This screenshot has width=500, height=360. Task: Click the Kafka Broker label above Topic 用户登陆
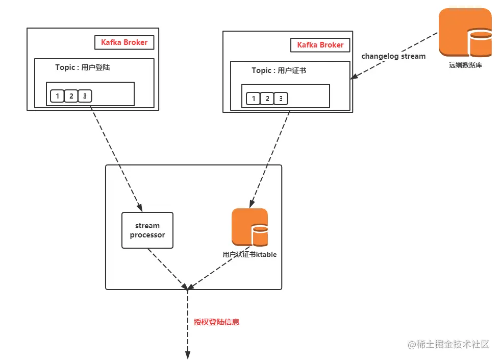[x=124, y=42]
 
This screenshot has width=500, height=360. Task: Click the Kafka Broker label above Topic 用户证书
[x=320, y=45]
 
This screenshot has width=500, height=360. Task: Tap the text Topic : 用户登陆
[x=82, y=67]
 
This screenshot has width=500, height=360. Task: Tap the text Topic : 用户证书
[x=279, y=70]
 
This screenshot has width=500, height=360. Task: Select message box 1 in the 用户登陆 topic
[x=57, y=96]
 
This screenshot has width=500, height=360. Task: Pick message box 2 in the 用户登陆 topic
[x=71, y=96]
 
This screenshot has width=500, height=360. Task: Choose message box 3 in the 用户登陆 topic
[x=85, y=96]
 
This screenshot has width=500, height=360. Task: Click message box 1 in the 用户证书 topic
[x=253, y=99]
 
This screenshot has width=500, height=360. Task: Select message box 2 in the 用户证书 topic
[x=267, y=99]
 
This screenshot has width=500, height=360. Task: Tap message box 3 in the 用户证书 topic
[x=281, y=99]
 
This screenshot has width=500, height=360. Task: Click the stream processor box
[x=147, y=230]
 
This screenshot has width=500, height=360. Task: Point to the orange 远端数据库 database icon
[x=465, y=33]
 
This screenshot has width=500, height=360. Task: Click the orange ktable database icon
[x=249, y=227]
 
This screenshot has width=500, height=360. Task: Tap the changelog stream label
[x=393, y=56]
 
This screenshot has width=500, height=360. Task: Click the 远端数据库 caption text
[x=465, y=65]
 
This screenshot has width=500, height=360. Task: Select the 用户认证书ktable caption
[x=249, y=254]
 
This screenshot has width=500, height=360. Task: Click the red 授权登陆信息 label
[x=216, y=322]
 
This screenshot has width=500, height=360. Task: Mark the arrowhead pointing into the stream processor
[x=139, y=206]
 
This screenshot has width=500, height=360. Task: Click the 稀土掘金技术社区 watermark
[x=449, y=345]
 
